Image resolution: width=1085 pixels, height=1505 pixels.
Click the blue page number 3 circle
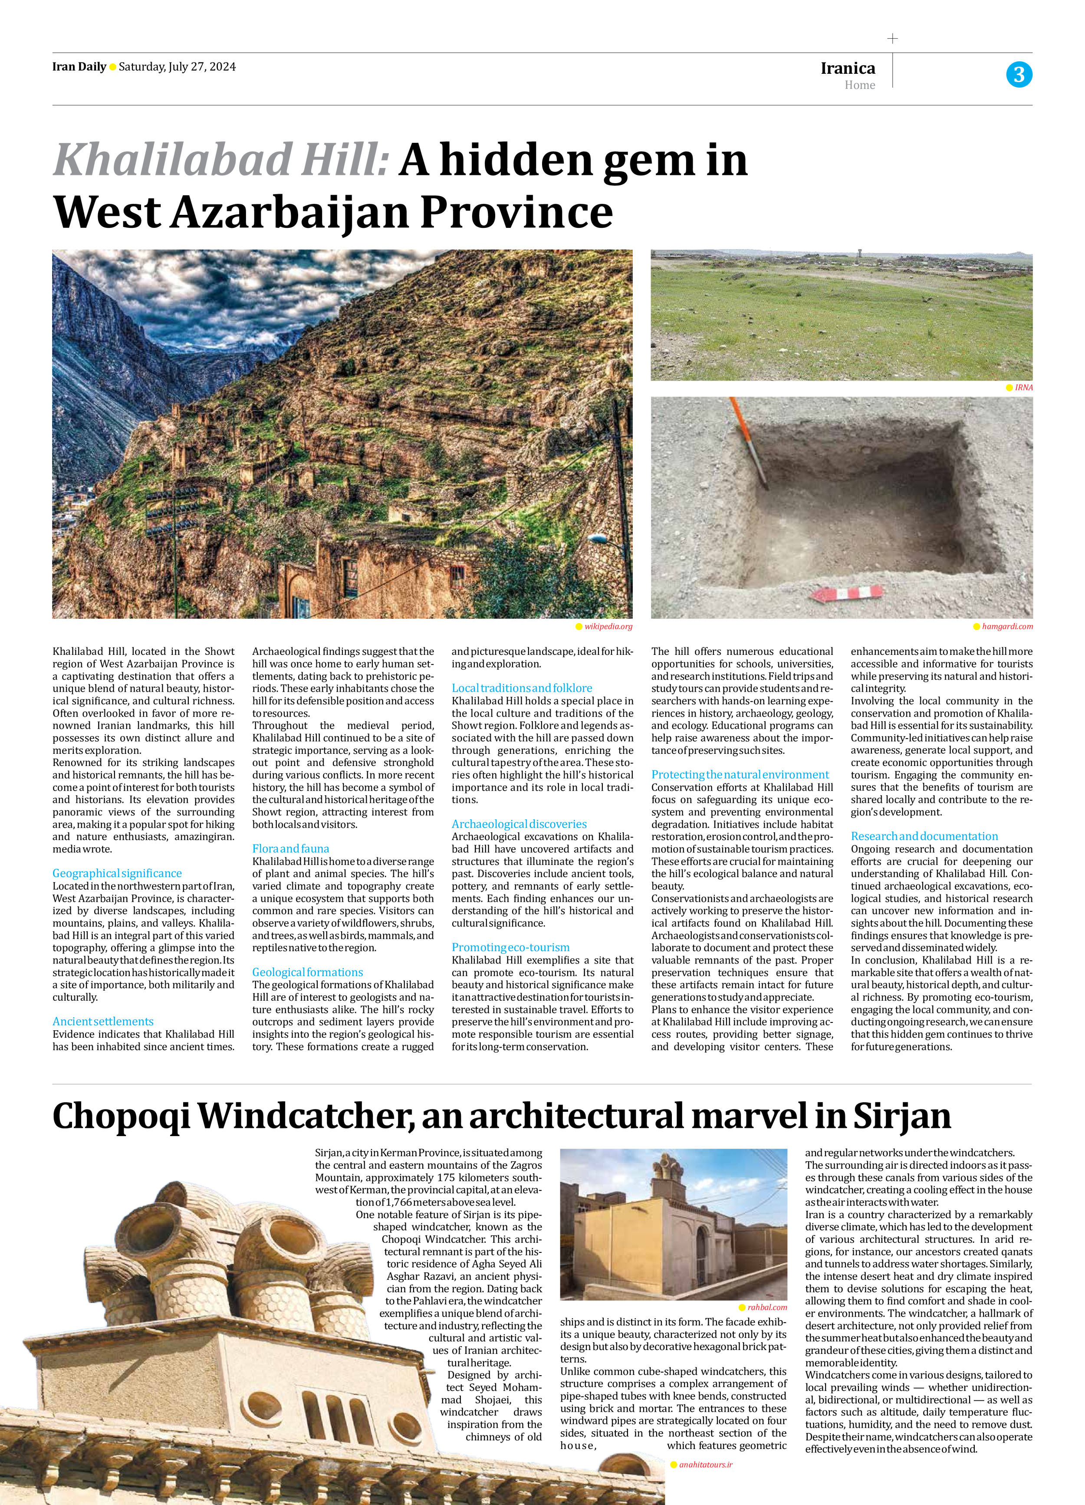1019,74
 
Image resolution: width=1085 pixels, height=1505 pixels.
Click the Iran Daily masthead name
79,66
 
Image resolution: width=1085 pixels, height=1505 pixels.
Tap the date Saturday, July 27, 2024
177,66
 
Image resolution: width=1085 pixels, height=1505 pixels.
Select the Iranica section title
848,68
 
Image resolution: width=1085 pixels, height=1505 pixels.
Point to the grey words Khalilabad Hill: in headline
220,160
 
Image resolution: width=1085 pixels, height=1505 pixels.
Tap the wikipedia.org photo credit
608,626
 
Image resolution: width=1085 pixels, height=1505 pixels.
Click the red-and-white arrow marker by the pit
847,592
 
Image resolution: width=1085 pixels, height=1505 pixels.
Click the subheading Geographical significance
117,873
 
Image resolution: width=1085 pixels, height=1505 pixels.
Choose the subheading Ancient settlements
103,1021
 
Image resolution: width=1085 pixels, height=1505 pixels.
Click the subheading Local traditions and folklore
522,688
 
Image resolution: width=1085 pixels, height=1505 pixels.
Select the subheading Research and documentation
924,836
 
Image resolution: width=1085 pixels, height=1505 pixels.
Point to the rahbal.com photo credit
766,1307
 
